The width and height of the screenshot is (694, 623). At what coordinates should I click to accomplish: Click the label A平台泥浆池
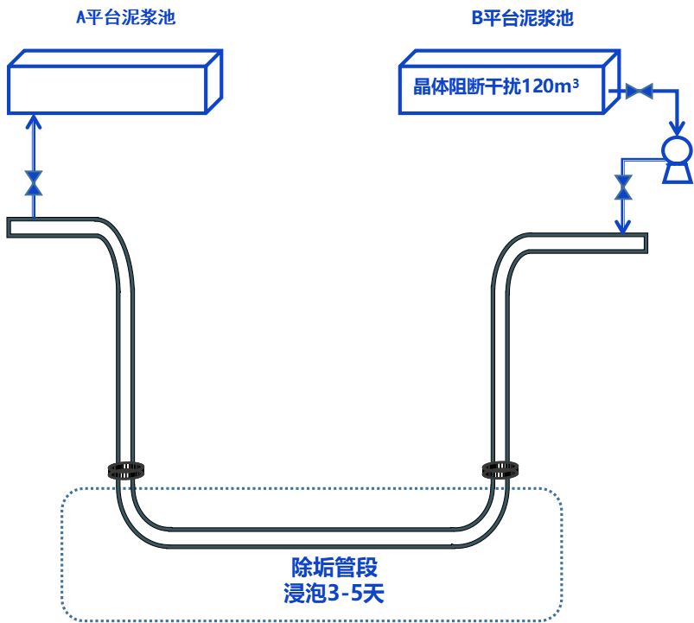pos(125,17)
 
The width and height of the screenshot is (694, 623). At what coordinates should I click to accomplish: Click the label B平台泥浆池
pos(521,18)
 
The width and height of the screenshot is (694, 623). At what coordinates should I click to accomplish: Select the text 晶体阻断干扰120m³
pos(495,87)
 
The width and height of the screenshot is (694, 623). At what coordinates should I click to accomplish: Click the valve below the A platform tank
pos(34,182)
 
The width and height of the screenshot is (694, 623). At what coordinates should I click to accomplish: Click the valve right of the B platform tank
pos(639,91)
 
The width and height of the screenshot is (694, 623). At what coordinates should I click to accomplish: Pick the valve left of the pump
pos(622,187)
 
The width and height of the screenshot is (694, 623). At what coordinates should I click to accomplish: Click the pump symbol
pos(676,157)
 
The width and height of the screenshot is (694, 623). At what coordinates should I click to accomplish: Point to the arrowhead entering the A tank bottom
pos(34,120)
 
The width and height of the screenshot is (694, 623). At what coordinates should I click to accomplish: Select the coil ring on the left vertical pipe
pos(126,470)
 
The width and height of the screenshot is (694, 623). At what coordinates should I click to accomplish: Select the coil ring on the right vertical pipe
pos(500,470)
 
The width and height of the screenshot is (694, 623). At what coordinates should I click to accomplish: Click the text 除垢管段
pos(334,568)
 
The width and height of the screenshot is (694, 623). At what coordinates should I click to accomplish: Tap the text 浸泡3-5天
pos(334,594)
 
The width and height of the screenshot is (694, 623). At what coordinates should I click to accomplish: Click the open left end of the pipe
pos(11,227)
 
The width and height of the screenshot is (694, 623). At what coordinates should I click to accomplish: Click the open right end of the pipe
pos(643,243)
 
